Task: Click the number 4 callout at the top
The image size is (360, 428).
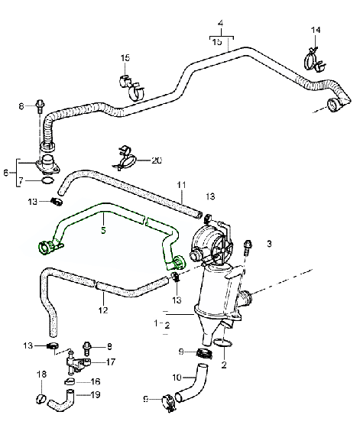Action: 221,24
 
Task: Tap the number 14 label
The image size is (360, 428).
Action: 316,31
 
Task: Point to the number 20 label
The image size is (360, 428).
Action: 157,161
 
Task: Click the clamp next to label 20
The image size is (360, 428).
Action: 127,159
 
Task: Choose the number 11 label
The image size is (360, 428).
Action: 181,185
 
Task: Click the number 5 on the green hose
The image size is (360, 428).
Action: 104,227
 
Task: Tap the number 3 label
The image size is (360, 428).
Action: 269,244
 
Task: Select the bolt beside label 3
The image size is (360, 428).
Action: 247,248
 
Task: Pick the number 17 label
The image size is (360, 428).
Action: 111,362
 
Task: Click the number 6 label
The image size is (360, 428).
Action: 7,173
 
